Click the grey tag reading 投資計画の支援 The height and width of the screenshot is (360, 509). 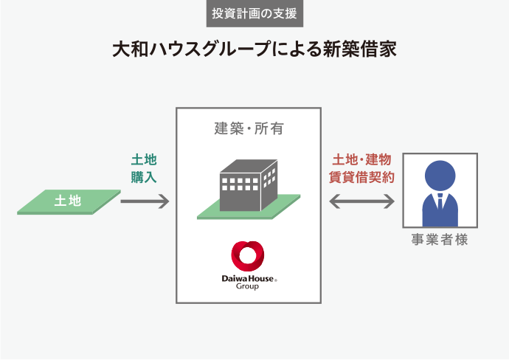tap(254, 13)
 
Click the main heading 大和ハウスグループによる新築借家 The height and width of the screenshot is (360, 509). tap(254, 49)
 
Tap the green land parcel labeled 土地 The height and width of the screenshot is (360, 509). tap(68, 201)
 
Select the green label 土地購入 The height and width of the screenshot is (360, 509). tap(144, 168)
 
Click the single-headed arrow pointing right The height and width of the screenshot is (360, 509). tap(145, 201)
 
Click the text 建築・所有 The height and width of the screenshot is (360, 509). tap(249, 129)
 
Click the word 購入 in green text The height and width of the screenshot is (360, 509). tap(144, 177)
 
